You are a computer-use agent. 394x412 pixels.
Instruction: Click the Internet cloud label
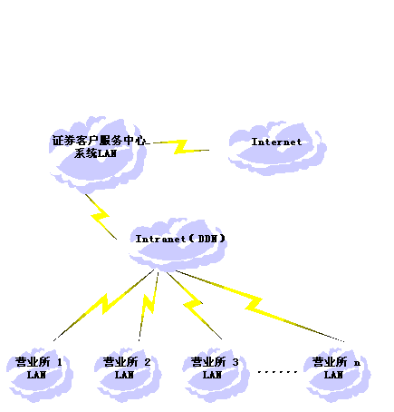tap(276, 142)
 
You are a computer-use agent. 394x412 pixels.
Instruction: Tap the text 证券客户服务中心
tap(99, 141)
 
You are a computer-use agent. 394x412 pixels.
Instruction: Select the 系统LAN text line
tap(95, 153)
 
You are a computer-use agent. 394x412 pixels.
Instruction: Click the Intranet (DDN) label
tap(180, 239)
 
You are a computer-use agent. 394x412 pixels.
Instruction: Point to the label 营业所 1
tap(39, 362)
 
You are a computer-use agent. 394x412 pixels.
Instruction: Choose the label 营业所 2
tap(127, 362)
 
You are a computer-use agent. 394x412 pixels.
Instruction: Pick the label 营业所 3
tap(215, 362)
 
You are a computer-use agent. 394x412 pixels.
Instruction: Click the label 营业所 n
tap(336, 362)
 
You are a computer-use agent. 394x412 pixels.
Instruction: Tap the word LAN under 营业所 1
tap(36, 375)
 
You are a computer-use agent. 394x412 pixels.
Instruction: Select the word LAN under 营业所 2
tap(124, 375)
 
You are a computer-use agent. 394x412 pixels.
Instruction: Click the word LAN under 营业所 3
tap(212, 375)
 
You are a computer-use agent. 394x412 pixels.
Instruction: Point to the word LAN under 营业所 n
tap(333, 375)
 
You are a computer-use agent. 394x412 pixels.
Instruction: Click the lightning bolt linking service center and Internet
tap(181, 147)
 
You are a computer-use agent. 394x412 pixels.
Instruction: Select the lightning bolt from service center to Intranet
tap(101, 216)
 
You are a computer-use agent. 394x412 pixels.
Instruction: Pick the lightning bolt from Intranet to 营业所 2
tap(149, 306)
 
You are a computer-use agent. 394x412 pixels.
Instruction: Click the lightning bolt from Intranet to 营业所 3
tap(193, 304)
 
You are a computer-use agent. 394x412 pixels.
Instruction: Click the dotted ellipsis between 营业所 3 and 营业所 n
tap(277, 372)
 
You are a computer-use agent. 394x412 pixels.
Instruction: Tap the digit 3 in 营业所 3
tap(235, 362)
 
